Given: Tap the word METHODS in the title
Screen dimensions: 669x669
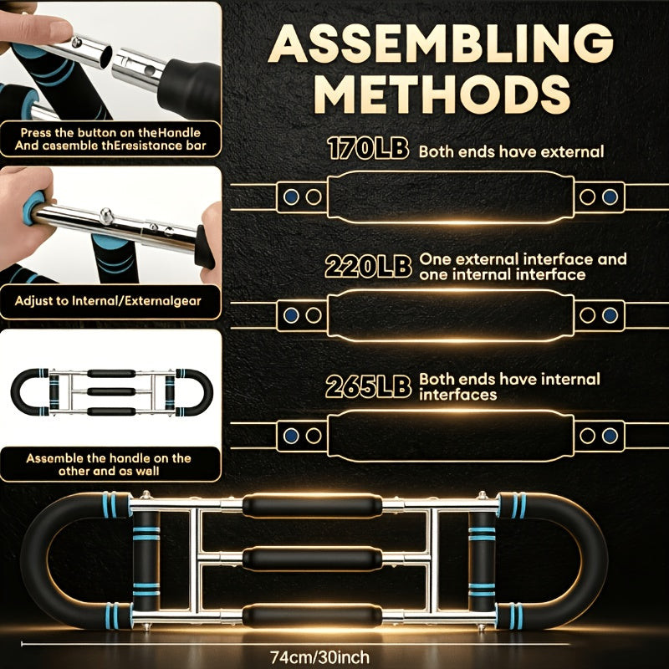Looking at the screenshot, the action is coord(444,94).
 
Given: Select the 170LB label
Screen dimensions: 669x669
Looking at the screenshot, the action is coord(368,149).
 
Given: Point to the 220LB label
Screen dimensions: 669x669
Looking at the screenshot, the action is coord(368,267).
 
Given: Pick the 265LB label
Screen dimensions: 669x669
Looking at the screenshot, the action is coord(368,386).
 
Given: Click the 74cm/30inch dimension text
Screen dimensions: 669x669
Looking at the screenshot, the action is coord(319,656).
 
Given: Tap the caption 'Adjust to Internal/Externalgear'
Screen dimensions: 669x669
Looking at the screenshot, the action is coord(108,301).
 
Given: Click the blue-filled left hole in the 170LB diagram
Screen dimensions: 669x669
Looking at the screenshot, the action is coord(291,197).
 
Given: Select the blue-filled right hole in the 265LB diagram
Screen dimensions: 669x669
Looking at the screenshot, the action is coord(610,436).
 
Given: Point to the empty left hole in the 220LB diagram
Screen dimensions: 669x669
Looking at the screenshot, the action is coord(314,315).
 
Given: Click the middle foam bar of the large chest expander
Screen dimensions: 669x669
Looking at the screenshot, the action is coord(312,559).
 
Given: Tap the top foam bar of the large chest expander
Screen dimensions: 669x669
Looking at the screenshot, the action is coord(312,506).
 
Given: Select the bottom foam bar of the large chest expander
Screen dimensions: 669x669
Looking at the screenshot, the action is coord(312,615).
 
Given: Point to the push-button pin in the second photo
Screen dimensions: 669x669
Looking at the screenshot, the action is coord(106,216).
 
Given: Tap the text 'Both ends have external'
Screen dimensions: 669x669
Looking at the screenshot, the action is coord(511,151).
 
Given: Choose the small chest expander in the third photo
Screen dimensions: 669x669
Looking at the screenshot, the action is coord(112,391).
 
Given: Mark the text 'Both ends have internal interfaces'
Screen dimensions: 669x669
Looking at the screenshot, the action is coord(509,386).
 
